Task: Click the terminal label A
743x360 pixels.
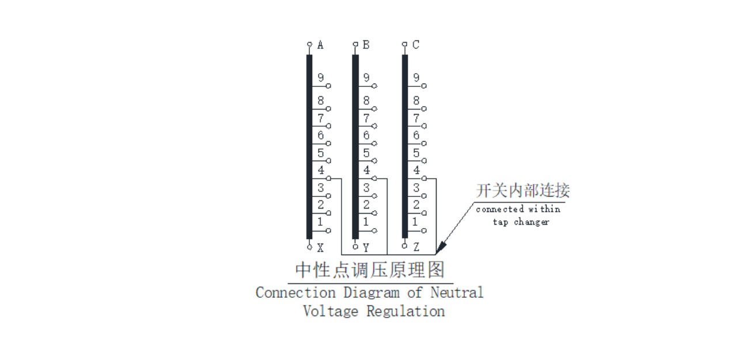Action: (321, 45)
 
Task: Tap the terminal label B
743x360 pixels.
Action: (366, 45)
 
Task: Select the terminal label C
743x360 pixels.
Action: (416, 45)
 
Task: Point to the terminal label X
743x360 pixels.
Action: (321, 248)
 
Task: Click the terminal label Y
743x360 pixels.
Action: (366, 248)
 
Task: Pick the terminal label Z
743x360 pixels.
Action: (416, 248)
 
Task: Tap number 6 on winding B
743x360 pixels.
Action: (366, 136)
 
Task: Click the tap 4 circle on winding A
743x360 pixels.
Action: (329, 179)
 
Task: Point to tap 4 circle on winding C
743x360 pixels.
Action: (425, 179)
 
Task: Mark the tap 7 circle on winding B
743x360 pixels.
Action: (375, 126)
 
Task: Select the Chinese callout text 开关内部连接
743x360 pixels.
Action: (522, 190)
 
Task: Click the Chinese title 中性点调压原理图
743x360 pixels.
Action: (370, 270)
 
